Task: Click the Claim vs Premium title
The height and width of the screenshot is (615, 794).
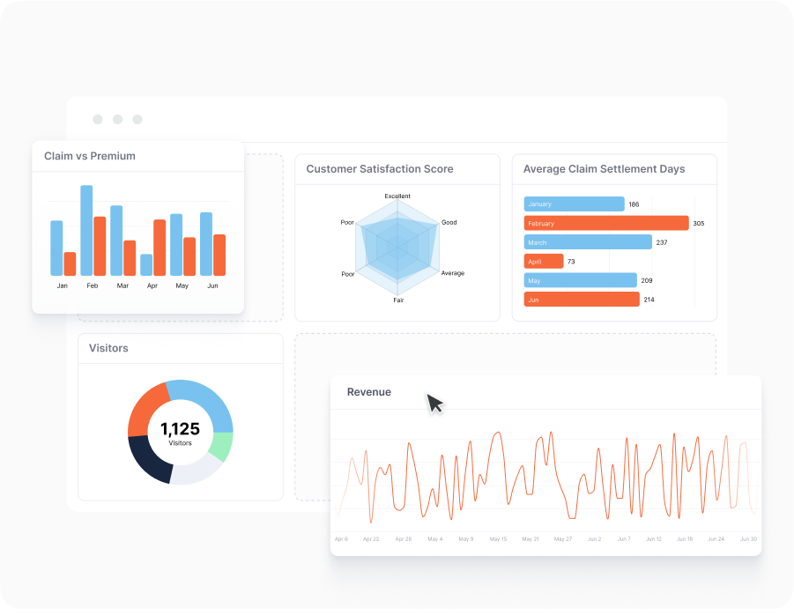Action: pyautogui.click(x=90, y=156)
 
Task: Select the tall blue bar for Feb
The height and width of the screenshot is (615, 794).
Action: pyautogui.click(x=86, y=230)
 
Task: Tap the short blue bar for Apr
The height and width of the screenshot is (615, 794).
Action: pyautogui.click(x=146, y=264)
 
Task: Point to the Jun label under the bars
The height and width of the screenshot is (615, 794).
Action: pyautogui.click(x=212, y=285)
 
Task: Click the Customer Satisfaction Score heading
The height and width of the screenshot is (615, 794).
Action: pyautogui.click(x=380, y=169)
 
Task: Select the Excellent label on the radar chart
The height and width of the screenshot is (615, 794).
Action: pyautogui.click(x=397, y=196)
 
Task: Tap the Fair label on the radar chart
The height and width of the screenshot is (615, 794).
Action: pyautogui.click(x=398, y=300)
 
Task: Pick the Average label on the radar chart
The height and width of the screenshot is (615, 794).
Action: pyautogui.click(x=452, y=273)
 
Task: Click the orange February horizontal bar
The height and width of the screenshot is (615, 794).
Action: pyautogui.click(x=606, y=223)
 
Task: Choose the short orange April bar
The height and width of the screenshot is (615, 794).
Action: pyautogui.click(x=544, y=262)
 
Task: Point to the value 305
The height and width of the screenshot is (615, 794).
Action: pyautogui.click(x=699, y=224)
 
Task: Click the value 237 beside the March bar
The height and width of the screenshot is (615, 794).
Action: pyautogui.click(x=662, y=242)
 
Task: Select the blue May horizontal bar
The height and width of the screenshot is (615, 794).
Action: pyautogui.click(x=580, y=280)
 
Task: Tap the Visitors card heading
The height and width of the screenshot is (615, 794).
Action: pyautogui.click(x=108, y=348)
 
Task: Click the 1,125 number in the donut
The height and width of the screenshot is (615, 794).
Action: pyautogui.click(x=180, y=429)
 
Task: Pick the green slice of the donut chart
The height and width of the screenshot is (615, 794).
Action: pyautogui.click(x=224, y=447)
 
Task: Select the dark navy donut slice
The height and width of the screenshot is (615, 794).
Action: pyautogui.click(x=147, y=460)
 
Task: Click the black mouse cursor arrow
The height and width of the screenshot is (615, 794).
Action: pyautogui.click(x=434, y=403)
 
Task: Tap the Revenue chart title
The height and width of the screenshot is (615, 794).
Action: pyautogui.click(x=369, y=392)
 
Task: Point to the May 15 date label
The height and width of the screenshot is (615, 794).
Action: pyautogui.click(x=498, y=538)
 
